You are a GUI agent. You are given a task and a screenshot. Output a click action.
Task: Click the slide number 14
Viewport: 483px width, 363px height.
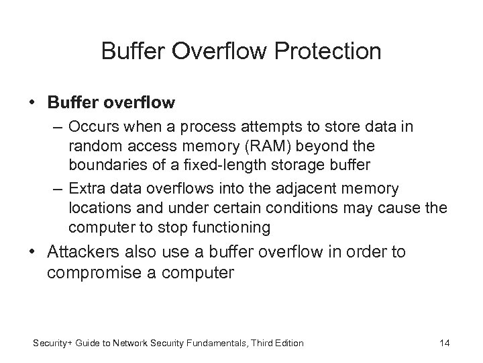pos(443,343)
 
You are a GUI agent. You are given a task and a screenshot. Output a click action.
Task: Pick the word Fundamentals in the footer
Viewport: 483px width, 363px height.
pos(219,343)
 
